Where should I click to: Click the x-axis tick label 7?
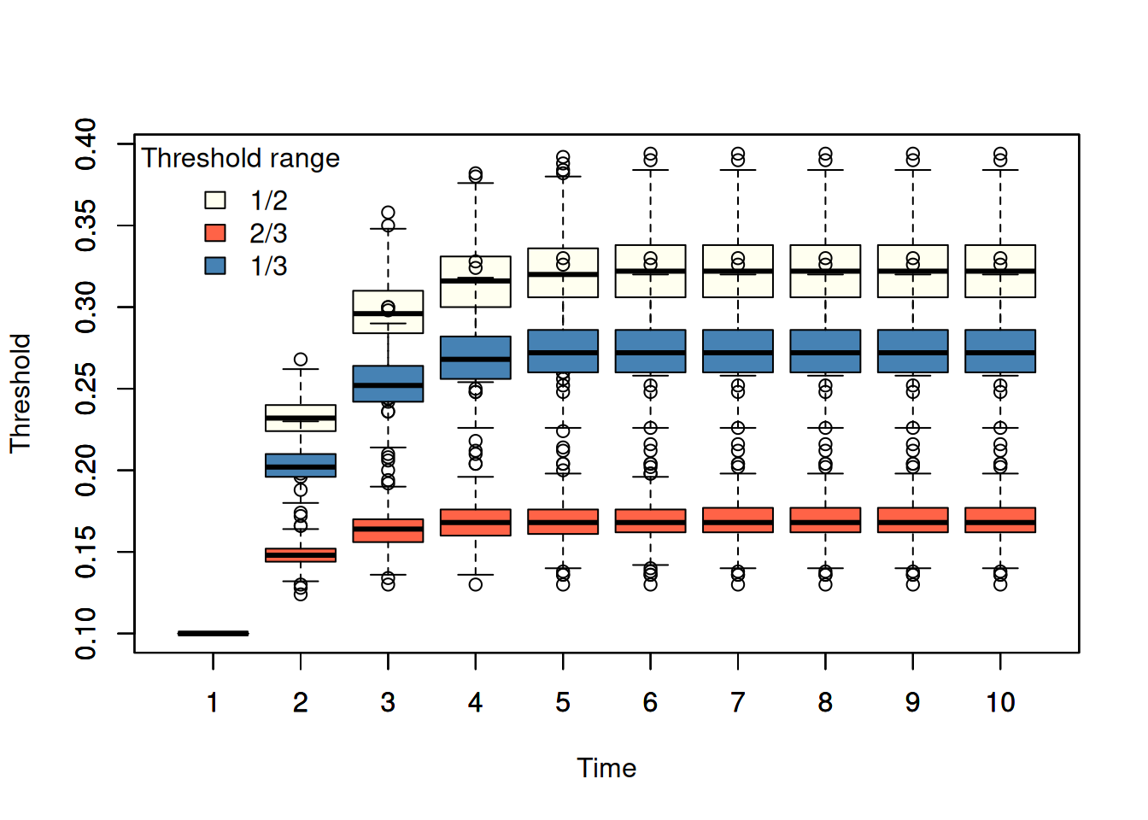point(738,702)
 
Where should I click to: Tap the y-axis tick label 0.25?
point(85,389)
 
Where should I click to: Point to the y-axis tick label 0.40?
point(85,144)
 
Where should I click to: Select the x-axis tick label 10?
point(1000,702)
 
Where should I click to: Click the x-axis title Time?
point(606,768)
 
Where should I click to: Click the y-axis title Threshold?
point(20,393)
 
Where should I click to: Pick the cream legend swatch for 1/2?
point(215,200)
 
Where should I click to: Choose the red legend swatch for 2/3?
point(215,232)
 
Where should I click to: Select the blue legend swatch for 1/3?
point(215,266)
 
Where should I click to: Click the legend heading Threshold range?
point(240,158)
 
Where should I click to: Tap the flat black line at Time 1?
point(214,634)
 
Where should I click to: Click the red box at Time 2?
point(301,555)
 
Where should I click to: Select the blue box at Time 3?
point(388,384)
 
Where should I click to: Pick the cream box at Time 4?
point(476,282)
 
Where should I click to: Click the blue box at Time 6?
point(650,351)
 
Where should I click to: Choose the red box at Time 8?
point(826,520)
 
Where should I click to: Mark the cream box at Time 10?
point(1000,271)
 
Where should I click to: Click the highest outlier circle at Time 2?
point(301,360)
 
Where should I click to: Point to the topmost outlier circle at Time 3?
point(388,213)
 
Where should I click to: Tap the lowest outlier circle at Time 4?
point(476,584)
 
